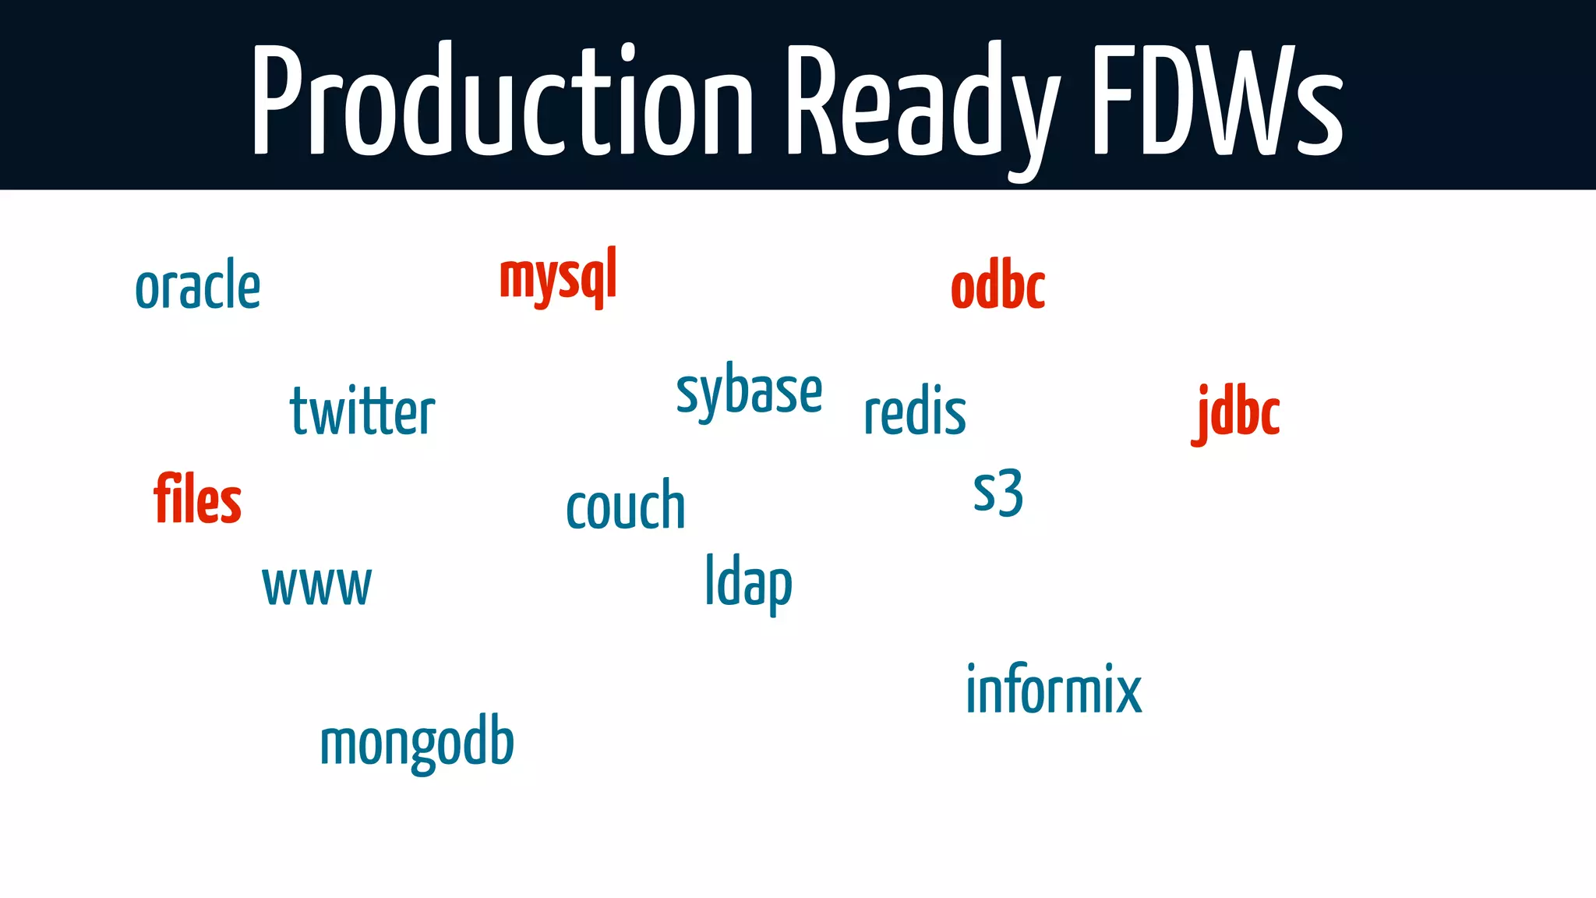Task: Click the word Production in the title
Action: [x=503, y=101]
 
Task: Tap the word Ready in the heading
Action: [x=920, y=101]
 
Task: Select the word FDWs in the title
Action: [x=1216, y=101]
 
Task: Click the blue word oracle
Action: [x=198, y=287]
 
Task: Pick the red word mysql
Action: [x=558, y=278]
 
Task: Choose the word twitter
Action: [x=362, y=412]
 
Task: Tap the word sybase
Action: [x=749, y=392]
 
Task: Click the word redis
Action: [x=915, y=412]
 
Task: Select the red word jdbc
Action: [x=1236, y=413]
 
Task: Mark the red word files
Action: [x=197, y=499]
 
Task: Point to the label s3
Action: [x=997, y=493]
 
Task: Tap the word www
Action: [x=316, y=586]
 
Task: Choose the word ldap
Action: [x=748, y=583]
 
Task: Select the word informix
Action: [x=1054, y=690]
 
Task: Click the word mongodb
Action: [x=417, y=743]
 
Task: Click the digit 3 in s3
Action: [x=1010, y=493]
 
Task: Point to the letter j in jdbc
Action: [x=1202, y=415]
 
